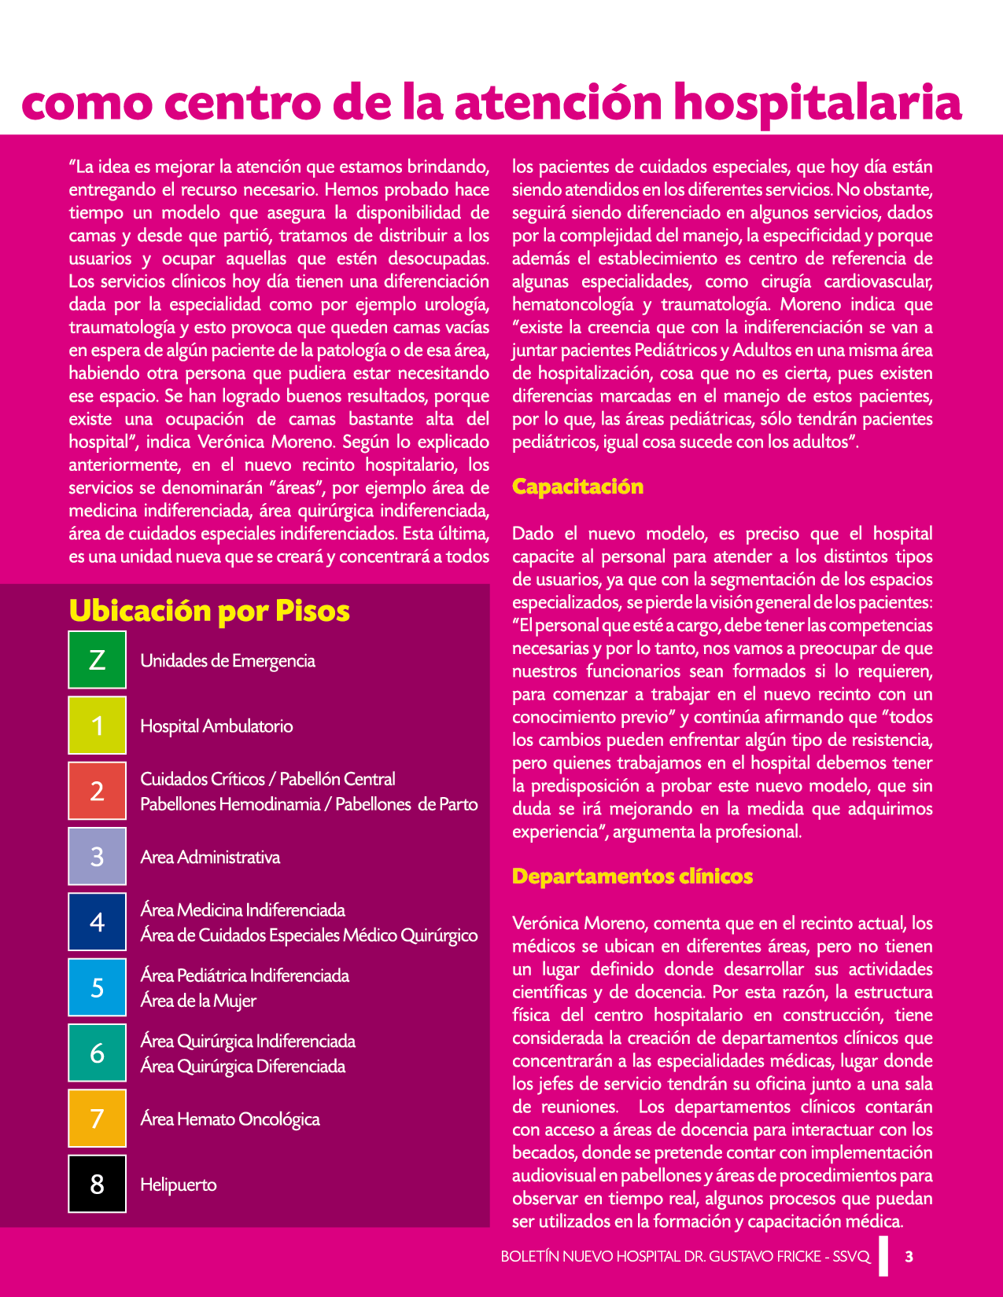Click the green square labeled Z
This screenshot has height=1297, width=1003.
click(x=97, y=660)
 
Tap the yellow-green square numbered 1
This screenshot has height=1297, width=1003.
click(x=97, y=725)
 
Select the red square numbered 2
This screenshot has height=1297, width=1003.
click(x=97, y=791)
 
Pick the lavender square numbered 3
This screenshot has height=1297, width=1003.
click(x=97, y=856)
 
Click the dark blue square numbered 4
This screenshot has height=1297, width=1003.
click(x=97, y=921)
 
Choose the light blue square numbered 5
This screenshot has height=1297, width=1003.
click(x=97, y=987)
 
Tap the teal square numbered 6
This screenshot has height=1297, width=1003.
click(x=97, y=1053)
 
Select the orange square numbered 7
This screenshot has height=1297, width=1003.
click(x=97, y=1118)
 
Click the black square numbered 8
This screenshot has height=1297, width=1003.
click(x=97, y=1184)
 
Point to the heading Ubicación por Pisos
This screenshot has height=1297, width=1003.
click(x=209, y=612)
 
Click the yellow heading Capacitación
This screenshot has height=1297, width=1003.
click(x=577, y=487)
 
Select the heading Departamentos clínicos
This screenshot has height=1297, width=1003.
click(x=632, y=876)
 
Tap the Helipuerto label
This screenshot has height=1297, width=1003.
click(x=179, y=1185)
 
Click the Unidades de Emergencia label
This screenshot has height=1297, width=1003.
click(x=227, y=661)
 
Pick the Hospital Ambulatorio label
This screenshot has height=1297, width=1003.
click(x=216, y=726)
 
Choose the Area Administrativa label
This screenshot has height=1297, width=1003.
click(x=210, y=858)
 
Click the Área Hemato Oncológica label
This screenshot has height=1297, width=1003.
click(x=230, y=1119)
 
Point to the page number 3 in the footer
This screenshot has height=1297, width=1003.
click(x=909, y=1256)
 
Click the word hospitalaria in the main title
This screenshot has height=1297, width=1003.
click(x=818, y=104)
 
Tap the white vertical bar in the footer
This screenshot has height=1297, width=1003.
click(x=884, y=1255)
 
